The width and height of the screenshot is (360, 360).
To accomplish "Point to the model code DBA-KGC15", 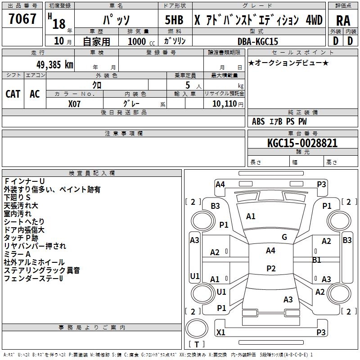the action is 258,41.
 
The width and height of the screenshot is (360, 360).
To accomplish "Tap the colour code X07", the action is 75,103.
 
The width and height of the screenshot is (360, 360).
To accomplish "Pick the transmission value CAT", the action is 13,94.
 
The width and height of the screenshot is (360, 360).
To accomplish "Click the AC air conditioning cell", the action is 35,94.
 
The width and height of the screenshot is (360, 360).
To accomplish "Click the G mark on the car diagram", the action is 284,237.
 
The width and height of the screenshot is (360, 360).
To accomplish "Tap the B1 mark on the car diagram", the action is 317,260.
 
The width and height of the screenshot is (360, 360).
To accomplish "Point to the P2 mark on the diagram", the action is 270,269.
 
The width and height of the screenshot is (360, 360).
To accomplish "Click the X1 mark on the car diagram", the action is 220,333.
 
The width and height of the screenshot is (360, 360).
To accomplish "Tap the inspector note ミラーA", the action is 18,254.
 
